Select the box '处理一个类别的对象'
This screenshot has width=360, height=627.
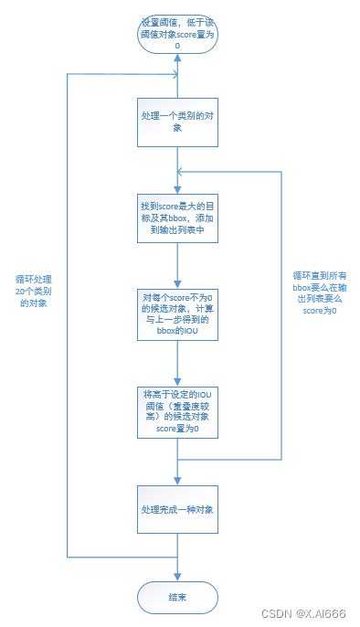click(178, 121)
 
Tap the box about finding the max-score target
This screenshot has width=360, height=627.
click(178, 219)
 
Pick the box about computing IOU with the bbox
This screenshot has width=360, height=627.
click(178, 316)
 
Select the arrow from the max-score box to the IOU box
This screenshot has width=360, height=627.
click(178, 266)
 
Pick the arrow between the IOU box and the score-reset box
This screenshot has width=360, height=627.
click(178, 363)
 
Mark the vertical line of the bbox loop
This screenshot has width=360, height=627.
click(280, 311)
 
